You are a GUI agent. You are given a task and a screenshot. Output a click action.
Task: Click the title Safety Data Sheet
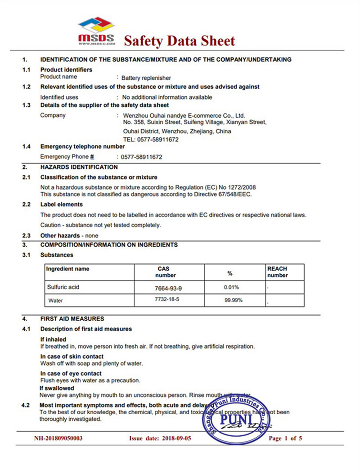[x=179, y=41]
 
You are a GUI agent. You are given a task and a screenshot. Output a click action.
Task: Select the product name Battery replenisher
[x=146, y=77]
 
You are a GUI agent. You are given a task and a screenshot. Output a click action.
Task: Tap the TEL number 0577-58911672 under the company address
[x=151, y=140]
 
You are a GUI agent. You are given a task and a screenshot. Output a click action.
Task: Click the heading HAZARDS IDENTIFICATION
[x=79, y=167]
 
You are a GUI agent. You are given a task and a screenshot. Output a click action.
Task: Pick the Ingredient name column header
[x=68, y=269]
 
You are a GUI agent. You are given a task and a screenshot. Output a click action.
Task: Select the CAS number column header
[x=165, y=272]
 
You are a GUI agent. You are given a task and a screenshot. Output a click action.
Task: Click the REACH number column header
[x=277, y=272]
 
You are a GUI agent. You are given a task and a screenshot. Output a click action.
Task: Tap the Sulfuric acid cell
[x=63, y=287]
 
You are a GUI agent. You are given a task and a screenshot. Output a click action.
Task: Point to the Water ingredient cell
[x=55, y=300]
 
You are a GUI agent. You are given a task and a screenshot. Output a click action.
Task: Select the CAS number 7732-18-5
[x=165, y=299]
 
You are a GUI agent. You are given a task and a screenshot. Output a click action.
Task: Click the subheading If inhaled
[x=53, y=339]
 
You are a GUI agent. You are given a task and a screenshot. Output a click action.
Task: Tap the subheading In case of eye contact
[x=71, y=373]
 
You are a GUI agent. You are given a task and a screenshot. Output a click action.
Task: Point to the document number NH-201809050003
[x=58, y=438]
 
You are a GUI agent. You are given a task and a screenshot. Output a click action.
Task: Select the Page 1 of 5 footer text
[x=285, y=438]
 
